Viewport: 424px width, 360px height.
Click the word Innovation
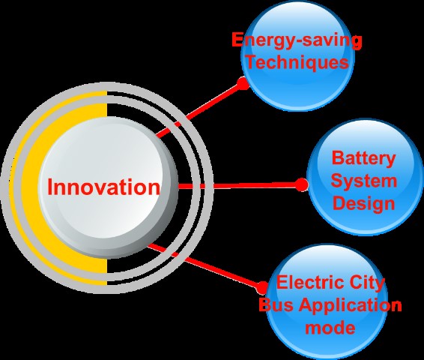(x=104, y=187)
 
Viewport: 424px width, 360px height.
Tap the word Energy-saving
(x=297, y=40)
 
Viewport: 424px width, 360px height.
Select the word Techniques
(x=297, y=63)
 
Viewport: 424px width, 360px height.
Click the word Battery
(x=364, y=159)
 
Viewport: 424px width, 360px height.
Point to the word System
(x=364, y=181)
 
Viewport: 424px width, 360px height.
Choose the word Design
(x=364, y=204)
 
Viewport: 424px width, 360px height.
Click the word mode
(x=330, y=328)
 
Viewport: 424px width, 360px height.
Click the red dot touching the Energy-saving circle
(x=243, y=83)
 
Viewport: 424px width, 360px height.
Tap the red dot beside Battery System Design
(x=300, y=184)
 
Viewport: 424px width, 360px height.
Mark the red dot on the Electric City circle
(x=262, y=288)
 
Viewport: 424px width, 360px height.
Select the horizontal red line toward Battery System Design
(x=239, y=186)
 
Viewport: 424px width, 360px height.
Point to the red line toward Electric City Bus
(x=205, y=265)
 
